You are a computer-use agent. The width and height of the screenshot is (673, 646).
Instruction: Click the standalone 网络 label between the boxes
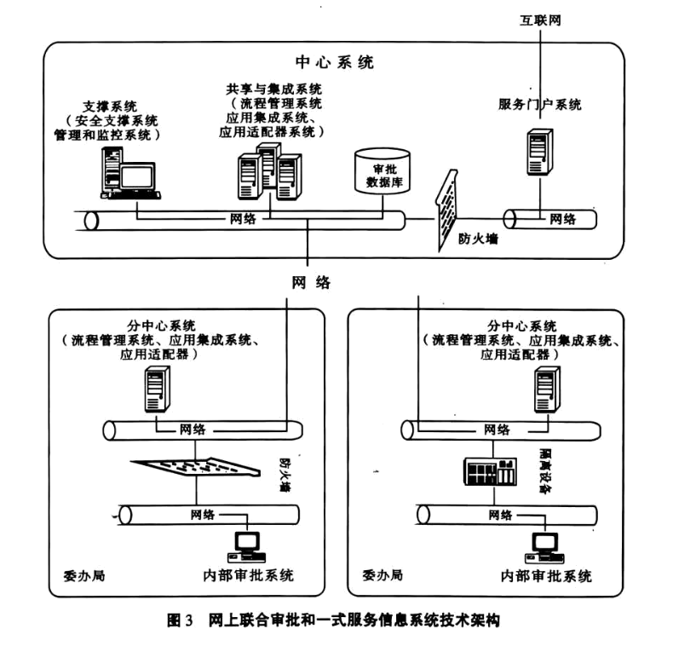[x=310, y=282]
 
